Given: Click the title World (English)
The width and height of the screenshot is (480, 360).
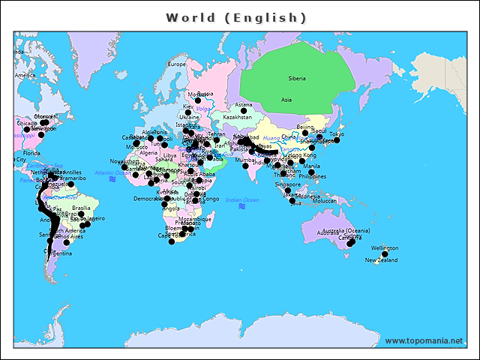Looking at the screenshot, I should point(236,17).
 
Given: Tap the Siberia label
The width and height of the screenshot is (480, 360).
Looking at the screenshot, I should point(297,78).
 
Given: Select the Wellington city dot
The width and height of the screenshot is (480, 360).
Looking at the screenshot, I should point(385,254).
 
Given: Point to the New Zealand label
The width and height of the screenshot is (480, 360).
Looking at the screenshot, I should point(381,261).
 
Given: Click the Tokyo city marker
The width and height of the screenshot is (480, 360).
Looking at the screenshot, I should point(337,140).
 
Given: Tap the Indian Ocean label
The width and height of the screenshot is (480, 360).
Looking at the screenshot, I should point(241,199).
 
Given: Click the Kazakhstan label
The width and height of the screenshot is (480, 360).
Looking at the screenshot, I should point(238,118).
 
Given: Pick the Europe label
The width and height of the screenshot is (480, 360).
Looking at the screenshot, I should point(176,64).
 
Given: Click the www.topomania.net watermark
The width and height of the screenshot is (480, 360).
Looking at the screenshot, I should point(424,340).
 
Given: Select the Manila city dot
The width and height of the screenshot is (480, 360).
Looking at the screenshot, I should point(311,172).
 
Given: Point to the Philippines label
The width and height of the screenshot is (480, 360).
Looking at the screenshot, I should point(313,177).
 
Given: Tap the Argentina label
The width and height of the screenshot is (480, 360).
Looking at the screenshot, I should point(60,253).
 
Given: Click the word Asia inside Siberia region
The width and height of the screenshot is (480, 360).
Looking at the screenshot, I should point(286,99).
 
